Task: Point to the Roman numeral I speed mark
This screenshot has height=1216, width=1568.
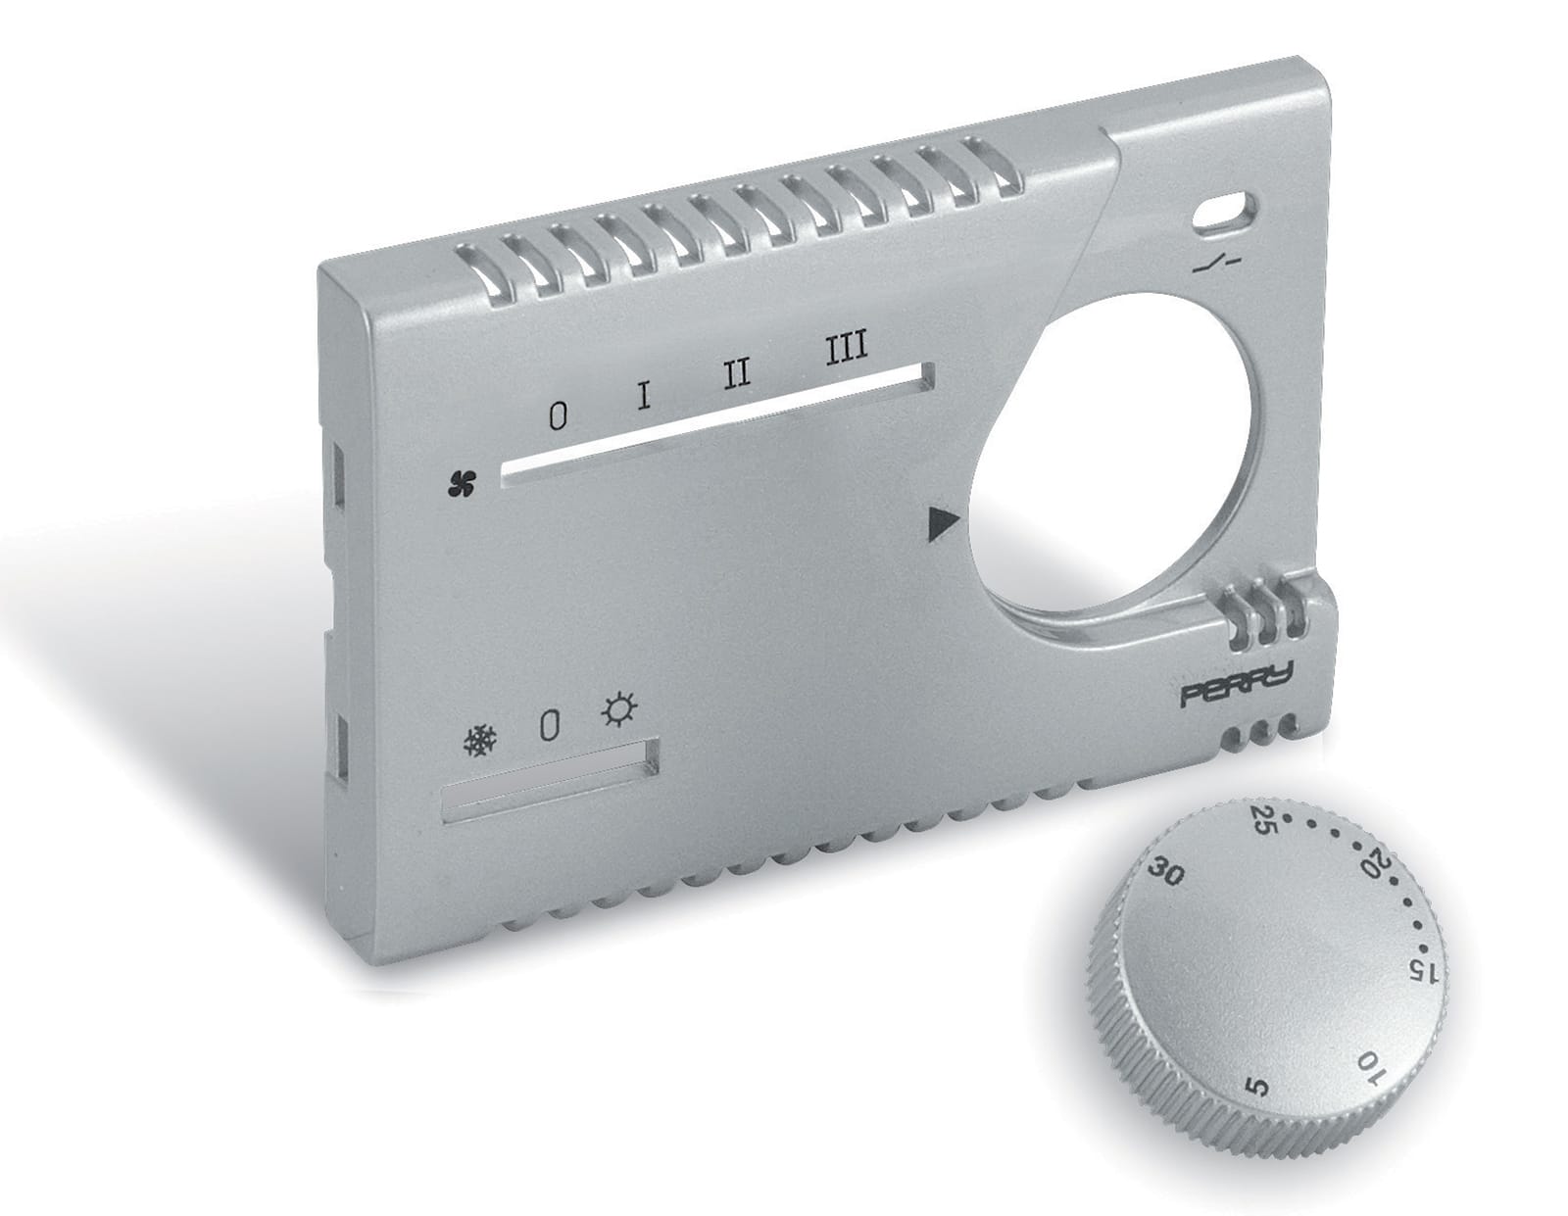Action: click(x=643, y=395)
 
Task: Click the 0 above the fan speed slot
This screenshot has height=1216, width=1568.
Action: click(x=557, y=417)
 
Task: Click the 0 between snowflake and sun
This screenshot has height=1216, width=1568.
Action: click(x=550, y=726)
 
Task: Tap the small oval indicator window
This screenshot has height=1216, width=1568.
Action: click(x=1226, y=211)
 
